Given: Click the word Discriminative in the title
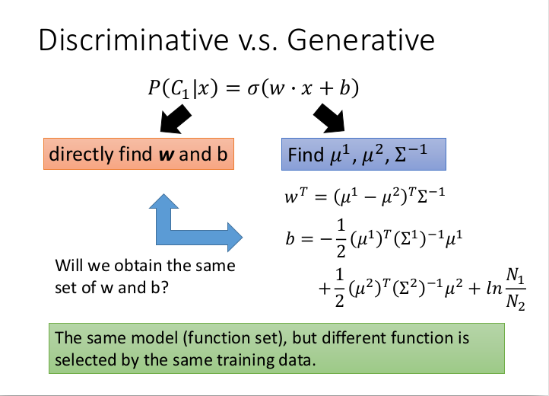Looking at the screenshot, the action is click(x=133, y=40).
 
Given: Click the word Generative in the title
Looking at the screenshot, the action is click(x=361, y=40).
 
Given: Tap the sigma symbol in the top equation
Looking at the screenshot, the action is click(x=252, y=88).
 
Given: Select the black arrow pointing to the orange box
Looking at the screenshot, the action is click(x=176, y=119).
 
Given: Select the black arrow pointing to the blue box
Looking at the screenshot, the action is click(x=329, y=119).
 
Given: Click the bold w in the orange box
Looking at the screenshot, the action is click(x=167, y=155).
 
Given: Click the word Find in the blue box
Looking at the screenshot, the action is click(x=306, y=155).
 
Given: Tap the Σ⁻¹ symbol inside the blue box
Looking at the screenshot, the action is click(x=411, y=154).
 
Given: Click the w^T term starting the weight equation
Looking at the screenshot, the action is click(x=296, y=196).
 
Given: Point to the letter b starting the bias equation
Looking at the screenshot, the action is click(x=290, y=239).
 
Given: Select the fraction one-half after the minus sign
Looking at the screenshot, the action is click(x=341, y=238).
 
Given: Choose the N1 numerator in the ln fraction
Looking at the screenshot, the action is click(x=515, y=275).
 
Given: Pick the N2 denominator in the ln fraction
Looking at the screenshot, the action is click(x=516, y=302).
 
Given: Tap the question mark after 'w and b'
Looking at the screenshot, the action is click(x=165, y=288).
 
